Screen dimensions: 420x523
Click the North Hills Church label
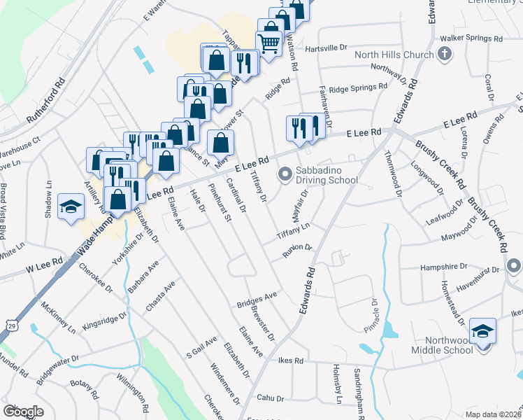[395, 55]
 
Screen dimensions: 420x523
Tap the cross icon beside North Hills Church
[443, 54]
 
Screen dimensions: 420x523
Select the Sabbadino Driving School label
[326, 175]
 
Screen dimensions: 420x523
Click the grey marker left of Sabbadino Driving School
[285, 174]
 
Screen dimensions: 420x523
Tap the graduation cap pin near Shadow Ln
[71, 206]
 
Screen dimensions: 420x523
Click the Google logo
[23, 411]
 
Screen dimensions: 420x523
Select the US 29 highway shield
[11, 325]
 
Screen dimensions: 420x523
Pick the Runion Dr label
[297, 251]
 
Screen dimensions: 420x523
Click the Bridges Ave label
[257, 300]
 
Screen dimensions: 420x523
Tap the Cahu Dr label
[271, 398]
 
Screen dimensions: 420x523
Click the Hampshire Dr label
[443, 267]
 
